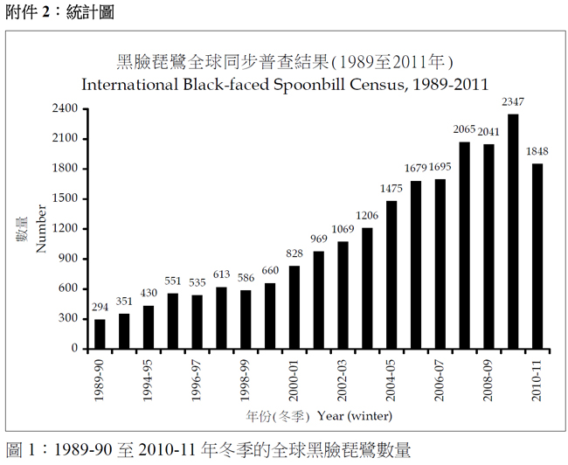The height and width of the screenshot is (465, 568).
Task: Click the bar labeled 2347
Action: tap(513, 231)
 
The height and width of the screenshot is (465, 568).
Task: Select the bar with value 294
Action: tap(100, 333)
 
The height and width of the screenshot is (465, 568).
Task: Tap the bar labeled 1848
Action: tap(537, 255)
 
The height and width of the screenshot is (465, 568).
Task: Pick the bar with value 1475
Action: tap(391, 274)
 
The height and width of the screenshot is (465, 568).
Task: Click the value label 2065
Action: tap(464, 129)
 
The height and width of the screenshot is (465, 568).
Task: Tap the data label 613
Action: tap(221, 274)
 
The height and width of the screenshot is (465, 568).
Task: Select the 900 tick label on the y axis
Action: tap(69, 259)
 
